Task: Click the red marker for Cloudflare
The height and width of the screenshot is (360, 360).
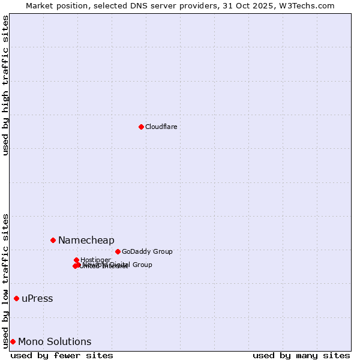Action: (141, 127)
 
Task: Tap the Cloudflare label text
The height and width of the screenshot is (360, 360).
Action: (161, 127)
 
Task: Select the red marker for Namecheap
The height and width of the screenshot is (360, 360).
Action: (53, 240)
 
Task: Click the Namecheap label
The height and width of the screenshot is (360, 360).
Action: (86, 241)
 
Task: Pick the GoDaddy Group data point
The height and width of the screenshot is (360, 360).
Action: (118, 251)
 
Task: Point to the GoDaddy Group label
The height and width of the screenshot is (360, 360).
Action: (147, 252)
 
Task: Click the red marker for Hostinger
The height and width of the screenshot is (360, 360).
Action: (76, 260)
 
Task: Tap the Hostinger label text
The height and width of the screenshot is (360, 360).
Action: (96, 260)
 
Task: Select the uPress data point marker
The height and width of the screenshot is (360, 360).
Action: (16, 298)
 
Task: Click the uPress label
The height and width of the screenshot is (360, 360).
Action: (37, 299)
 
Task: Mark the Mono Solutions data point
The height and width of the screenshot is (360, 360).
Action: (13, 341)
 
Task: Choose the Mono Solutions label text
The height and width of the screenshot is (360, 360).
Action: (55, 342)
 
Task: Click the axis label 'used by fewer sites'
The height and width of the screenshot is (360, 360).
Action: (62, 355)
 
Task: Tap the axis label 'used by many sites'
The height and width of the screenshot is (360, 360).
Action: (301, 355)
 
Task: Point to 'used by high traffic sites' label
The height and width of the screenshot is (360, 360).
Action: (6, 85)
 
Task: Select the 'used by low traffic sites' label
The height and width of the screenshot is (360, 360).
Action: (6, 280)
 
